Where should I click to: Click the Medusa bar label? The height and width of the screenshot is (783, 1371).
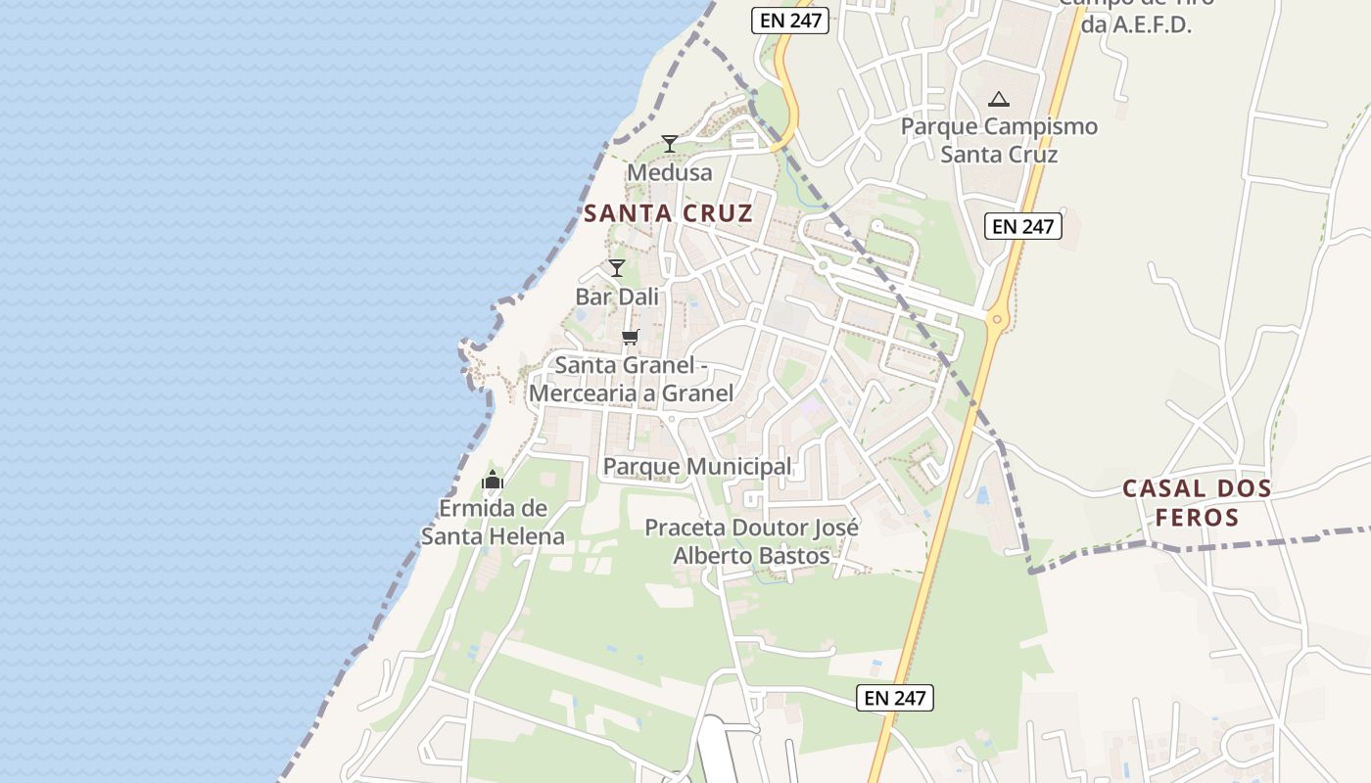670,173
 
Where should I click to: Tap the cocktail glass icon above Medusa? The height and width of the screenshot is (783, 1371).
670,144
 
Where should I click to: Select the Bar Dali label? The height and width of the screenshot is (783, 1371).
617,297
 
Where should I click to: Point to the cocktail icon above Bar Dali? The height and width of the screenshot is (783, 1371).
617,268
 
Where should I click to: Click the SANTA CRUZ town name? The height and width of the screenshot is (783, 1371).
669,213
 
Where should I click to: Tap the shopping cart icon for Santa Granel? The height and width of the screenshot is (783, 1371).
630,338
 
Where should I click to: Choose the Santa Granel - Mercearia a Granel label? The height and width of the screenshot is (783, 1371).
631,380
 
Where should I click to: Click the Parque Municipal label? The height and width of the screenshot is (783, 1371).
697,467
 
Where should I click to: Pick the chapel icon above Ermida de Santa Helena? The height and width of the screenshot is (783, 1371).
493,480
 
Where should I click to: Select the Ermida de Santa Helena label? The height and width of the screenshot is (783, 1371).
493,523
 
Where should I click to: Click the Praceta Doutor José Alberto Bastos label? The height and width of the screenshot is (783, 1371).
751,542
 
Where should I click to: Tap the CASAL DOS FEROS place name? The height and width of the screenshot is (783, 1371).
1197,502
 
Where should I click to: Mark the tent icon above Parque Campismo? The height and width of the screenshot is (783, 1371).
998,99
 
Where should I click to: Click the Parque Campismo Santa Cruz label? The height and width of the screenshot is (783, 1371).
999,140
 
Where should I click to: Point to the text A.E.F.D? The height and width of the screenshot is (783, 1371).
1136,25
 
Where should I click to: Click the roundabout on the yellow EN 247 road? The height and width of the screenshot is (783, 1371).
997,318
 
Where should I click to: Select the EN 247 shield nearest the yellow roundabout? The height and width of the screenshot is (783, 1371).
1022,226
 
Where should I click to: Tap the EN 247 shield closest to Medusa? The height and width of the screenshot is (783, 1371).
790,21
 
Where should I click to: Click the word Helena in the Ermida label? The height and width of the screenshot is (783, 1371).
521,536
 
